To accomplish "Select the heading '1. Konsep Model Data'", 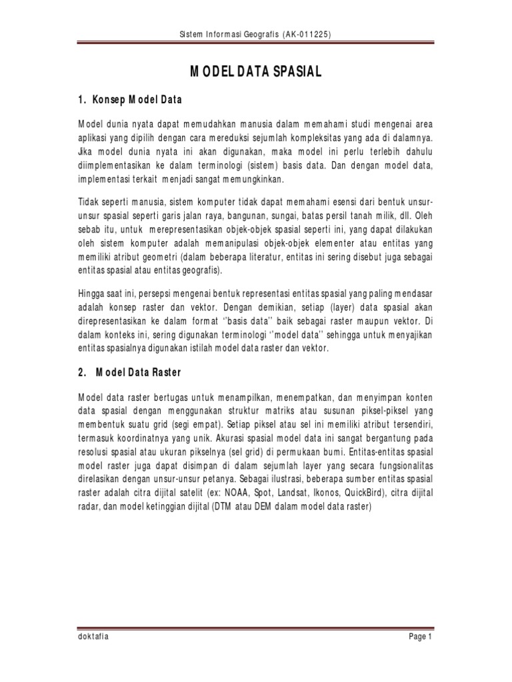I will (x=130, y=99).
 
